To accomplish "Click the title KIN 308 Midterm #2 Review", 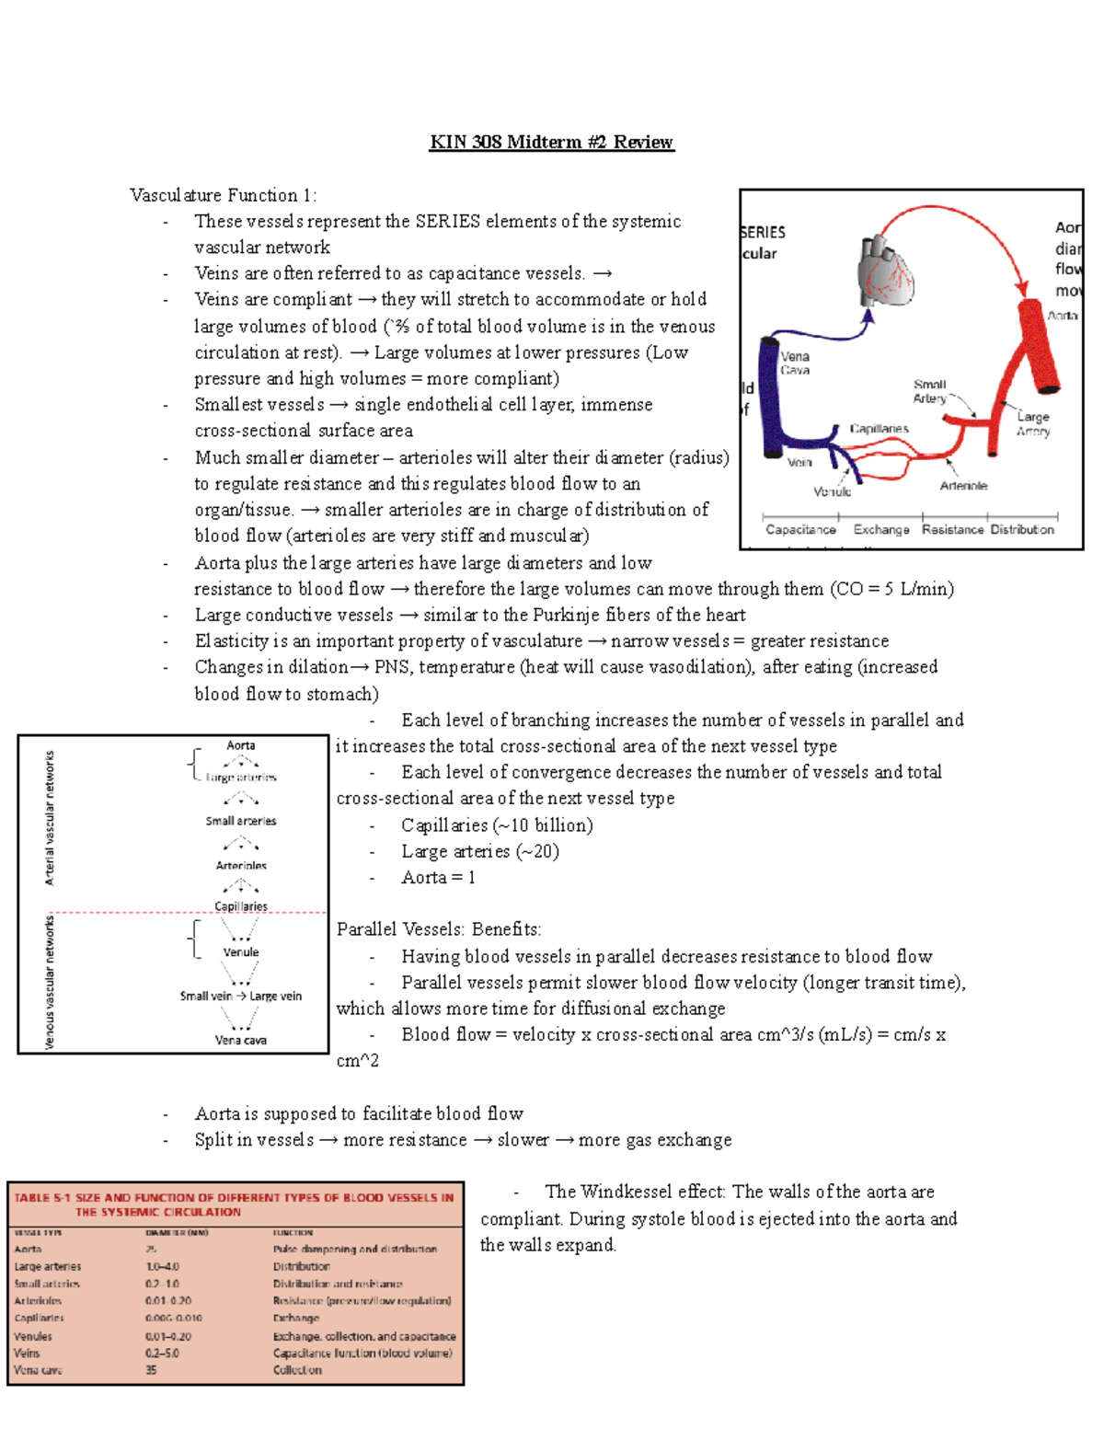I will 551,142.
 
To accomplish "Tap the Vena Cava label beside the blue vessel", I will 795,363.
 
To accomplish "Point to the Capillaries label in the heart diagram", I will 879,429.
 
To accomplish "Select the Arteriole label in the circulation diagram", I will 963,486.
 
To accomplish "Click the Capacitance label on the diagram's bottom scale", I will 800,530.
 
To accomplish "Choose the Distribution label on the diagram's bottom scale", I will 1022,530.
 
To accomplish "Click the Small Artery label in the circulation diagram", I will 929,391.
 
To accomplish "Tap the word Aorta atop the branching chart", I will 241,745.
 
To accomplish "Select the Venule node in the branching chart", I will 241,952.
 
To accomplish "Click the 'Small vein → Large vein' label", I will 241,996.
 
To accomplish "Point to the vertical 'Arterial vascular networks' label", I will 50,818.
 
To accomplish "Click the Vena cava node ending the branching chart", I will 241,1040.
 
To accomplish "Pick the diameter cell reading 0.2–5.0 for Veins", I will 162,1354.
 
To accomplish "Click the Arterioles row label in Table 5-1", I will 38,1301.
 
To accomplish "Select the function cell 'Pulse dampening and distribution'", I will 354,1250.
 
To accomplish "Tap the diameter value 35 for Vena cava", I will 151,1370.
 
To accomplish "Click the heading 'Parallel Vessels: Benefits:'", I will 439,929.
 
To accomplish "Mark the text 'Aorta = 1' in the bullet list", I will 438,878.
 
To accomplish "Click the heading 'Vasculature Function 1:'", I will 223,195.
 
